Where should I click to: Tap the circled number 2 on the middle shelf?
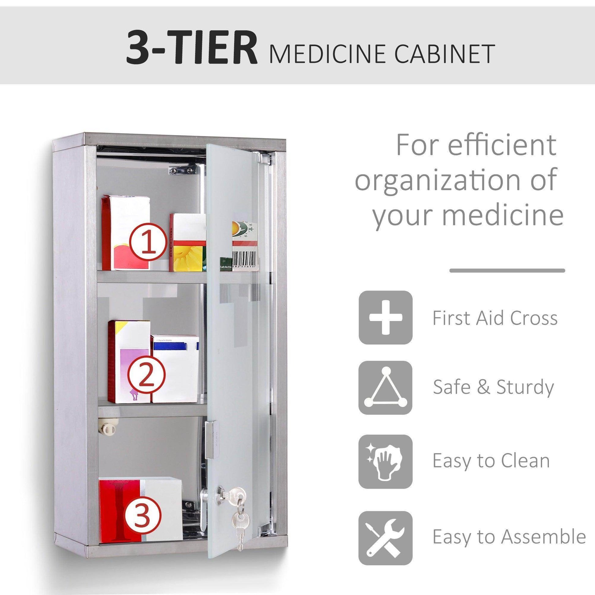tap(145, 375)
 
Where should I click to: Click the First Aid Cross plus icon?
tap(385, 317)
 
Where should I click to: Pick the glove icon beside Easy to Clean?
tap(385, 461)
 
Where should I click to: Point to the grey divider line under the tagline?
tap(507, 271)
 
